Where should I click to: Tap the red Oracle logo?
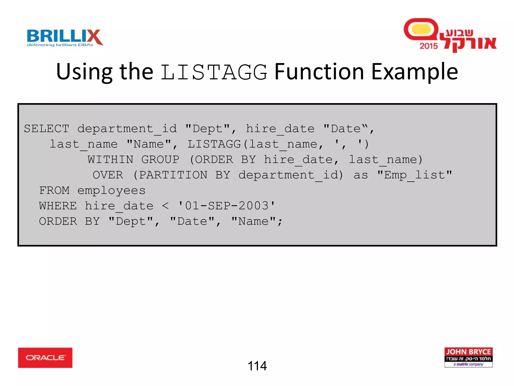tap(45, 358)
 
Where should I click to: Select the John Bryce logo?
tap(468, 357)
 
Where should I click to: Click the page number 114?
tap(257, 366)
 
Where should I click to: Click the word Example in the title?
tap(414, 72)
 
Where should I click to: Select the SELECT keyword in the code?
tap(46, 129)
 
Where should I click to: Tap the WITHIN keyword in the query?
tap(110, 160)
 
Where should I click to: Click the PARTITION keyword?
tap(173, 175)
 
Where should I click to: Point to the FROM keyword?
tap(54, 190)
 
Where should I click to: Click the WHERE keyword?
tap(58, 206)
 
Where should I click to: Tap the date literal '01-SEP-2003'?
tap(227, 206)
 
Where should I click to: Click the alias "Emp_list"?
tap(414, 175)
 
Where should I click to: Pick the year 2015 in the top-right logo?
tap(428, 46)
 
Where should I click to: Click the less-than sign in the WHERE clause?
tap(165, 206)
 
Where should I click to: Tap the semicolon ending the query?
tap(280, 222)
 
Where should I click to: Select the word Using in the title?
tap(84, 72)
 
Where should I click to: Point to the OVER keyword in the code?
tap(108, 175)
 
